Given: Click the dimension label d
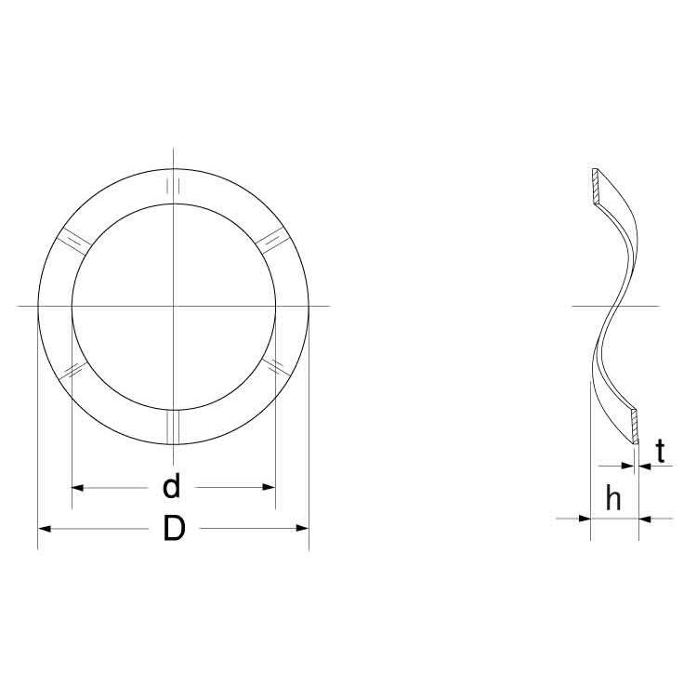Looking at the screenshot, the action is (172, 486).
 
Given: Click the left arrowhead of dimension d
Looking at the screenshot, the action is (77, 488).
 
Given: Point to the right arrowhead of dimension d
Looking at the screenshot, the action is (270, 487).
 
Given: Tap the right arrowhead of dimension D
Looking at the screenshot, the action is (303, 529).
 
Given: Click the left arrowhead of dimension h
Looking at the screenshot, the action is (585, 519).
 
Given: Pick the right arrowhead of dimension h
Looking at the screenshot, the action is (645, 519).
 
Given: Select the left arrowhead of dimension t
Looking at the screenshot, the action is (627, 466).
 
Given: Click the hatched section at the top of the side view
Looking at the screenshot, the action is (595, 187).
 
